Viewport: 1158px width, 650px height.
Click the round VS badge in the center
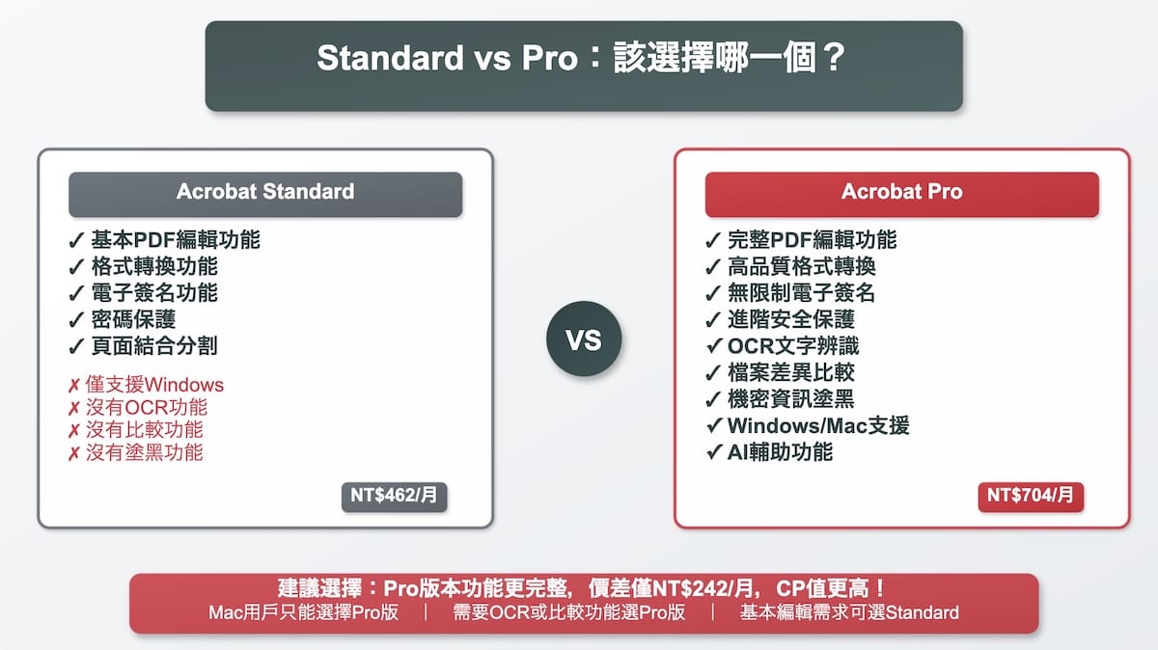pos(584,339)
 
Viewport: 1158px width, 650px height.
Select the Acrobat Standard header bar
pos(265,193)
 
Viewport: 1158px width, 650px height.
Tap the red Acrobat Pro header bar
pos(901,193)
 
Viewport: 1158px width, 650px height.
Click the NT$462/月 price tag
pos(395,496)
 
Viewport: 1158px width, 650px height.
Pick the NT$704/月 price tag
pos(1031,496)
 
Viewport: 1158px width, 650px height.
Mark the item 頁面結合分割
pos(147,346)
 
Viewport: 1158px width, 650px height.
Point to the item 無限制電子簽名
pos(790,293)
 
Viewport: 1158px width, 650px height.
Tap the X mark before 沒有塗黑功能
pos(73,454)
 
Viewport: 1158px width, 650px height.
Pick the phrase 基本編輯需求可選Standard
pos(849,613)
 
